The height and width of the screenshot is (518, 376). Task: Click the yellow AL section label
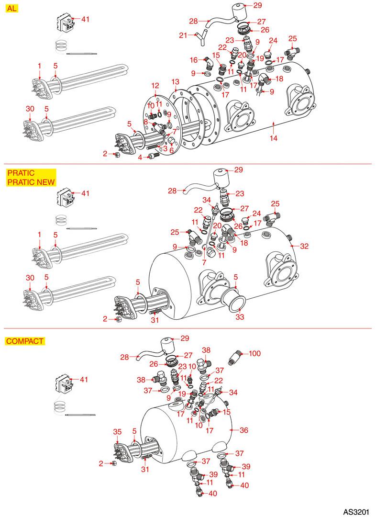[11, 9]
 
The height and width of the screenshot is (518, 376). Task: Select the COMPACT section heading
[25, 341]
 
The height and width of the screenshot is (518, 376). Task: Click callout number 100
[255, 354]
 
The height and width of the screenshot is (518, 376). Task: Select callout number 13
[176, 81]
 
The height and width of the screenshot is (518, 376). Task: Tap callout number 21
[183, 34]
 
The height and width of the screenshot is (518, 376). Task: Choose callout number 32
[304, 246]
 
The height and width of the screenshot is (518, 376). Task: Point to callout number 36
[244, 430]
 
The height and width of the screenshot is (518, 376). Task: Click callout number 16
[194, 60]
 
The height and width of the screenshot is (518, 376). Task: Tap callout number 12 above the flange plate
[155, 86]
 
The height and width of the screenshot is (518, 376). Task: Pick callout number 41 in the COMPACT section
[84, 380]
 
